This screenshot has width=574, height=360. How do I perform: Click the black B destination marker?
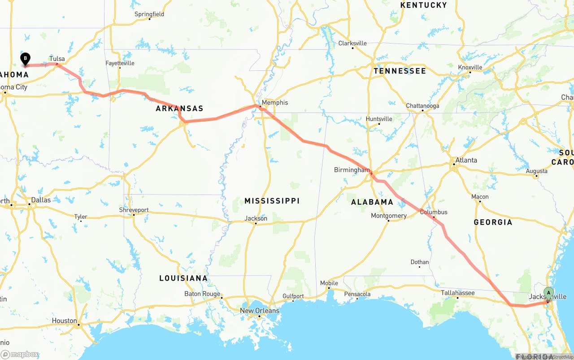[x=26, y=59]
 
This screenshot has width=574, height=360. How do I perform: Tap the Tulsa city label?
[x=57, y=59]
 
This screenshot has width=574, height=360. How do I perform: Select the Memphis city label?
[x=275, y=102]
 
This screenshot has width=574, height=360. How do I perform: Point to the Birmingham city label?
[x=352, y=170]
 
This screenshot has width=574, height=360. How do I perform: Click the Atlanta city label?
[x=466, y=160]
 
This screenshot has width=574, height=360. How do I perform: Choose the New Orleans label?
[x=259, y=311]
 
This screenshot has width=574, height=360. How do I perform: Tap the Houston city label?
[x=64, y=321]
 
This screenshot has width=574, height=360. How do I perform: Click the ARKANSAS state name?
[x=179, y=108]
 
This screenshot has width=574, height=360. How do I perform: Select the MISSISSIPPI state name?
[x=272, y=201]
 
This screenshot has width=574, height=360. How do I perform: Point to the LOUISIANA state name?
[x=183, y=278]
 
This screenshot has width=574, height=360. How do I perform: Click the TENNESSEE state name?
[x=400, y=71]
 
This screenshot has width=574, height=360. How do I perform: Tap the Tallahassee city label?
[x=457, y=293]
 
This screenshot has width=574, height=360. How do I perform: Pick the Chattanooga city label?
[x=422, y=106]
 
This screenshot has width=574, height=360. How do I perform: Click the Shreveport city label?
[x=134, y=210]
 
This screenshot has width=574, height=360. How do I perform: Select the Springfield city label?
[x=149, y=14]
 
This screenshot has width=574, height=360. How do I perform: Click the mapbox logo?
[x=20, y=355]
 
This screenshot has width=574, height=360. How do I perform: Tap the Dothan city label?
[x=420, y=262]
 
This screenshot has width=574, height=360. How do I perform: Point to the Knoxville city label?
[x=470, y=67]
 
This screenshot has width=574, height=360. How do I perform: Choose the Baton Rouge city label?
[x=202, y=294]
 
